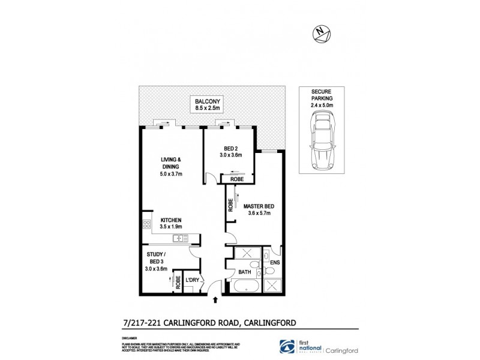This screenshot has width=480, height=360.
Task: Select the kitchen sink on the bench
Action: pyautogui.click(x=179, y=239)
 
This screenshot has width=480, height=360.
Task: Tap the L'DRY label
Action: pyautogui.click(x=192, y=281)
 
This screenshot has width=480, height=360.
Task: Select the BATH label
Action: pyautogui.click(x=244, y=272)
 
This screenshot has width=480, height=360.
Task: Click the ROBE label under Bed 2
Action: pyautogui.click(x=235, y=179)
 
